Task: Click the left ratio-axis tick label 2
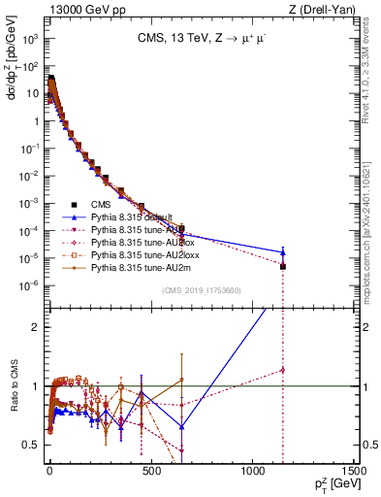[x=35, y=326]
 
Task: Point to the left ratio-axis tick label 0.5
[x=32, y=445]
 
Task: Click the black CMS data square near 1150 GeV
[x=282, y=266]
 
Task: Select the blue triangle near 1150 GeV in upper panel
[x=282, y=252]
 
